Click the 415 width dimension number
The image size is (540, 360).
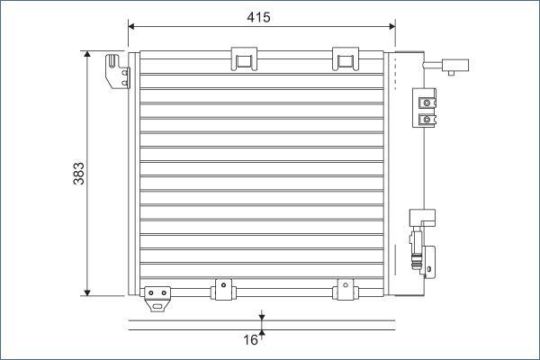coord(258,17)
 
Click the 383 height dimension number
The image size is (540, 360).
coord(79,174)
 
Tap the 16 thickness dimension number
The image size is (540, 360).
coord(250,340)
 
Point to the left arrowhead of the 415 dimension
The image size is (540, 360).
coord(131,26)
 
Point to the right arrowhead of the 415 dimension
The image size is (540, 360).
coord(391,26)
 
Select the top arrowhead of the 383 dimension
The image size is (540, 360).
coord(87,54)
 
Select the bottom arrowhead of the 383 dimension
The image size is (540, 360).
coord(87,292)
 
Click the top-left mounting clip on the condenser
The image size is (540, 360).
coord(244,58)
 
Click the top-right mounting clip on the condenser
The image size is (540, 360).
coord(346,58)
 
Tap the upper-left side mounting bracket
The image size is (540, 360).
coord(118,72)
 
